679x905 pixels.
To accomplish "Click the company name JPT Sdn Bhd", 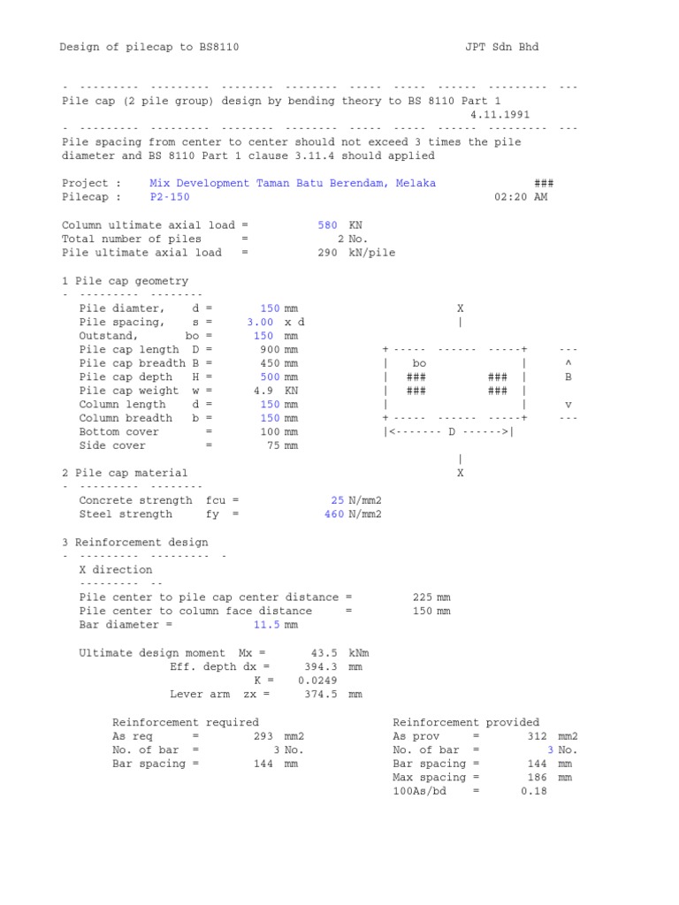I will [x=501, y=47].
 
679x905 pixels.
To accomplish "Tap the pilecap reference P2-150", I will [x=170, y=197].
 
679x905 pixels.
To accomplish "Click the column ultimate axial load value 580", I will [x=327, y=225].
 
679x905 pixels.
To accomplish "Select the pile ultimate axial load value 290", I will [x=327, y=252].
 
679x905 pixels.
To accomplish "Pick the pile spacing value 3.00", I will [x=263, y=322].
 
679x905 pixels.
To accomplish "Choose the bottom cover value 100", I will [x=270, y=431].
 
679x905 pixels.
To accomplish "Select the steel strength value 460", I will [x=333, y=514].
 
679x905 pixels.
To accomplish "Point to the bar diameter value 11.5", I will [x=266, y=625].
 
